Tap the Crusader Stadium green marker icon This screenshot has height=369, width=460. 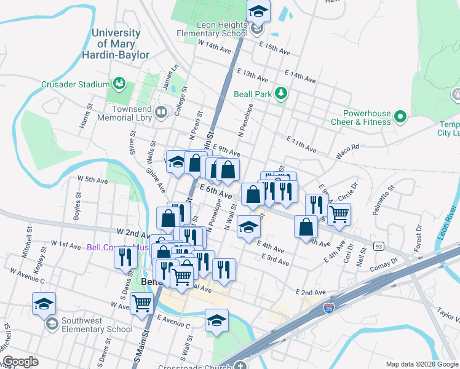pyautogui.click(x=119, y=84)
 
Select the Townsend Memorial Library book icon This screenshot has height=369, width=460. pyautogui.click(x=161, y=112)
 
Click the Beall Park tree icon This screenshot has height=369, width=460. pyautogui.click(x=281, y=93)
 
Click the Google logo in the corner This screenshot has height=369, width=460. pyautogui.click(x=20, y=362)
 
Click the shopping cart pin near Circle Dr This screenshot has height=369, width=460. pyautogui.click(x=339, y=215)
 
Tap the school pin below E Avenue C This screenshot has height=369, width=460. pyautogui.click(x=216, y=320)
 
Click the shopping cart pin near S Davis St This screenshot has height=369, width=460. pyautogui.click(x=141, y=303)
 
